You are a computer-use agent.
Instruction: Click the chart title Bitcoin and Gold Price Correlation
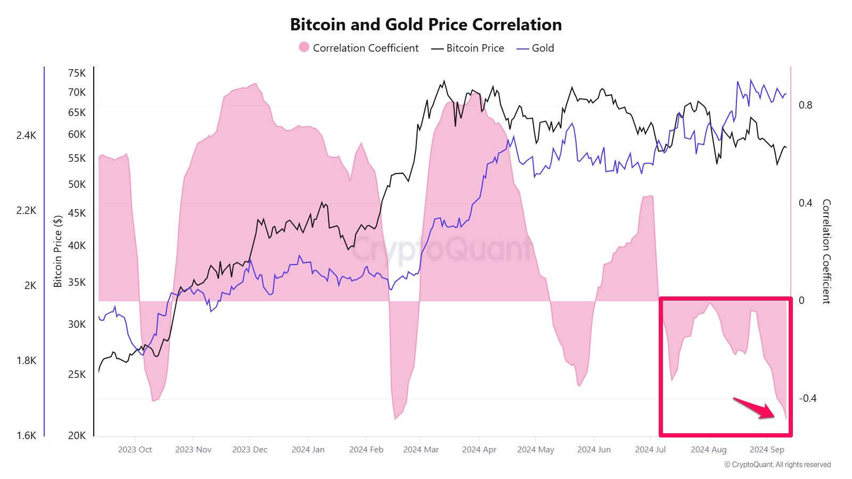425,24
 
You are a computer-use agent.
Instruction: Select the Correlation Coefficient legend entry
359,48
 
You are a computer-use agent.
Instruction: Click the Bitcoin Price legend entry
468,48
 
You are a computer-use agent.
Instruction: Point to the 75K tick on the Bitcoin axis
77,73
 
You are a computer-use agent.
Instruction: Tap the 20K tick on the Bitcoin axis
77,435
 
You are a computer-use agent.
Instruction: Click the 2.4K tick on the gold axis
26,135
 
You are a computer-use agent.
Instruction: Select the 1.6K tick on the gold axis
26,435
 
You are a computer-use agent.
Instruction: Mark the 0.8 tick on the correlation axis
805,105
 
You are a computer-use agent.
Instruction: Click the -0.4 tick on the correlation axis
807,398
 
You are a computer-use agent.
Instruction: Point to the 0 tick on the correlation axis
801,300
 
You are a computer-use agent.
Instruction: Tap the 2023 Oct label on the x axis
135,450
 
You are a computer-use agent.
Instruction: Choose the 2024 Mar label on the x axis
421,450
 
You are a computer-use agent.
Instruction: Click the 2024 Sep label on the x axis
767,450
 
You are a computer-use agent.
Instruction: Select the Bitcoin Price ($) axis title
58,251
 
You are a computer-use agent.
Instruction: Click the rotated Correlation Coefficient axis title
826,251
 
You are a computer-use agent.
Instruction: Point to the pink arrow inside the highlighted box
755,408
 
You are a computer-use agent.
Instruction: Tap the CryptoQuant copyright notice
777,465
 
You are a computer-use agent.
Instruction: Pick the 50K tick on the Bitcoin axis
77,184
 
